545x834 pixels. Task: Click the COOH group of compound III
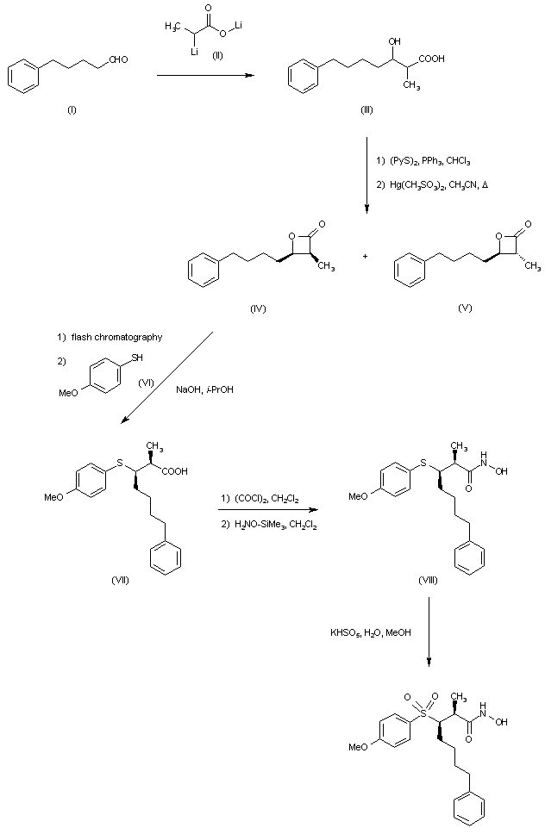(x=431, y=59)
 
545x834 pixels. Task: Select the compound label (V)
(x=464, y=308)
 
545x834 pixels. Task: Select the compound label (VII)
(x=122, y=579)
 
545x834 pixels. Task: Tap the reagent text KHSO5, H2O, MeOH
(x=371, y=633)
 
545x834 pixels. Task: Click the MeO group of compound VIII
(x=357, y=496)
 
